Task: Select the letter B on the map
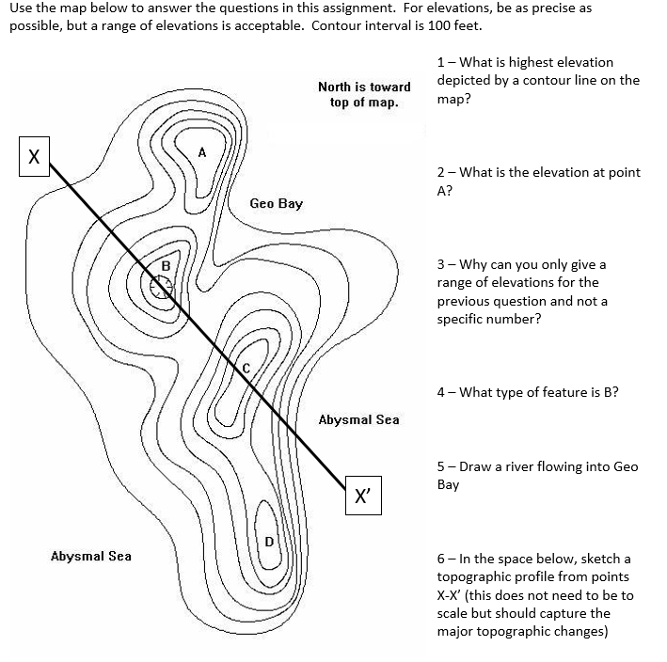pos(166,266)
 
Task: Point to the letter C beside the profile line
pos(246,368)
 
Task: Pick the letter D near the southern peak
pos(268,541)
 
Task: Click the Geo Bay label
pos(276,204)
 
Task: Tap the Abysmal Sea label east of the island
pos(358,419)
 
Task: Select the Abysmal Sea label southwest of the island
pos(91,556)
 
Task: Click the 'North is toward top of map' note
pos(364,94)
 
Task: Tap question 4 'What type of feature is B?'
pos(527,392)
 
